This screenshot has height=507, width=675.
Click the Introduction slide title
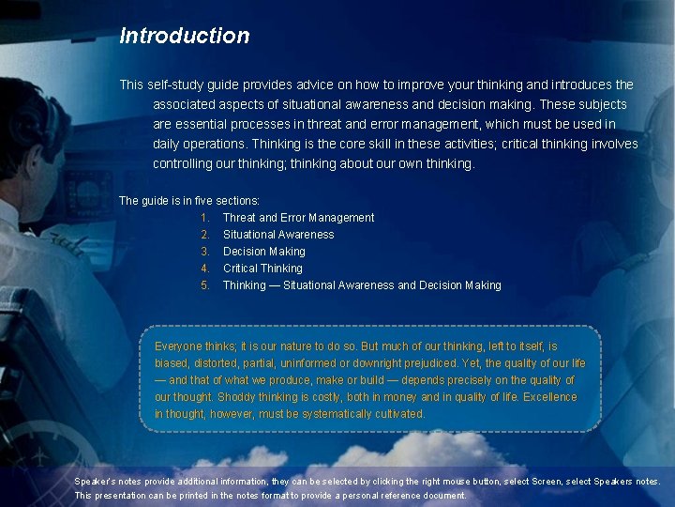coord(185,36)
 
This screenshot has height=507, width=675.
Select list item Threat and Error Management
coord(298,218)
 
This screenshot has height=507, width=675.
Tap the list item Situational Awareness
coord(277,235)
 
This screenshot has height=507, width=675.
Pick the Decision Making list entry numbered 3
coord(263,252)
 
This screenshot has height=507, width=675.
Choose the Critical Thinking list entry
coord(262,269)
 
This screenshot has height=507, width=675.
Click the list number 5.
coord(204,285)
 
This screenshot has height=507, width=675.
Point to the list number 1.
coord(204,218)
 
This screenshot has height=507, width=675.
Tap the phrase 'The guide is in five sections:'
coord(189,201)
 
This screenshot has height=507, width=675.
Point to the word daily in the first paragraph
coord(169,145)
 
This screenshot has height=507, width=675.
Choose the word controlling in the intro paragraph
coord(186,164)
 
